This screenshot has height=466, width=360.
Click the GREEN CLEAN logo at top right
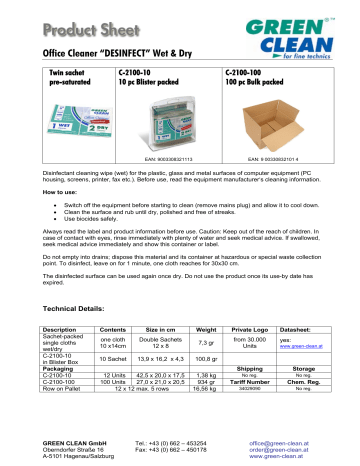click(309, 31)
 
